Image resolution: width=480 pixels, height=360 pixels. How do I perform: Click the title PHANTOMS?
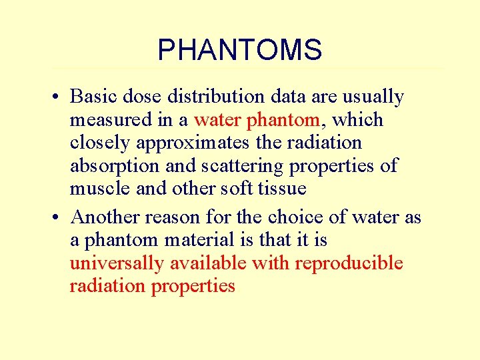239,50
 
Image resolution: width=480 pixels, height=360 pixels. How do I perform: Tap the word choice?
293,217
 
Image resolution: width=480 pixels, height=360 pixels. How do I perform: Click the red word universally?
117,263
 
